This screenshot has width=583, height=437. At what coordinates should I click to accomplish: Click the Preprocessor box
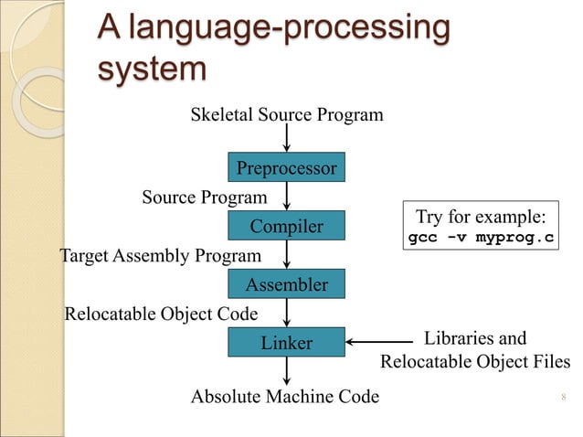click(x=287, y=169)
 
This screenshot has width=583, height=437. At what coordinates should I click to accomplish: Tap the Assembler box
click(x=287, y=285)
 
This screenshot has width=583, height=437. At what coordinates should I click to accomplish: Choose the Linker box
click(x=287, y=343)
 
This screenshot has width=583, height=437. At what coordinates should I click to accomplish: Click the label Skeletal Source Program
click(x=286, y=115)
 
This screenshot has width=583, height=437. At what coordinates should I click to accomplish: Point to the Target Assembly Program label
click(x=160, y=254)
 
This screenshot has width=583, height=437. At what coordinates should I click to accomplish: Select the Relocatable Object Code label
click(x=161, y=314)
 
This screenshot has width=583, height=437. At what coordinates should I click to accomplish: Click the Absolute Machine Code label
click(x=284, y=397)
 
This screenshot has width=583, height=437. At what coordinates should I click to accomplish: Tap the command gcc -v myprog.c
click(x=480, y=239)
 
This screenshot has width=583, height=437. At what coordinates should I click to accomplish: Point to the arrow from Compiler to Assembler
click(x=288, y=254)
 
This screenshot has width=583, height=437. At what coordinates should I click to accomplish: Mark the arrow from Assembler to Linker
click(x=288, y=313)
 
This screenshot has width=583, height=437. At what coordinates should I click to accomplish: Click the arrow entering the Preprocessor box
click(x=288, y=139)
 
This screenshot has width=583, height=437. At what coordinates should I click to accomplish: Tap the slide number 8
click(x=560, y=397)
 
